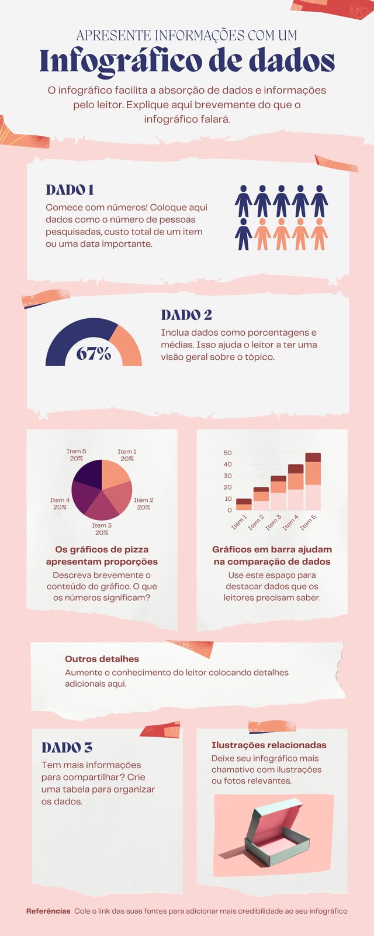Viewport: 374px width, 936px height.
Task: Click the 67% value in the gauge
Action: [x=93, y=354]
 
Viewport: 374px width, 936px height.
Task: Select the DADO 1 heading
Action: [x=70, y=190]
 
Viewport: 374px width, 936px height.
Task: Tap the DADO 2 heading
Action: [x=186, y=315]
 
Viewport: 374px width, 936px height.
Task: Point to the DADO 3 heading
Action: [x=67, y=748]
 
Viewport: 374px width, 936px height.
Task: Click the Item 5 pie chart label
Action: [x=77, y=455]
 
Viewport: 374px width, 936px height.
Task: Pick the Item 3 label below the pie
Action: [x=102, y=529]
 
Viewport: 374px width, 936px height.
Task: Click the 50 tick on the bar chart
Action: [x=227, y=453]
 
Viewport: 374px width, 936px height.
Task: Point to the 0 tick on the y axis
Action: [x=229, y=510]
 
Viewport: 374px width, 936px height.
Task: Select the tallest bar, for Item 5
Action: [x=313, y=481]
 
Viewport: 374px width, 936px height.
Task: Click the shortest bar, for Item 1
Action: [x=244, y=504]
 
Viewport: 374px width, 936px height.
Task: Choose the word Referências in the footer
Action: [x=49, y=911]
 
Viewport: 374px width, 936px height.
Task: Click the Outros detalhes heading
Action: [x=102, y=659]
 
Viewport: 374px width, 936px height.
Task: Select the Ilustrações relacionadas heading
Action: [x=269, y=745]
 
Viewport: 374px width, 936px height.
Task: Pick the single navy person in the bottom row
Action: [x=243, y=234]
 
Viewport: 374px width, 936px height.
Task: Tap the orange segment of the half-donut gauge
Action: [x=128, y=345]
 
